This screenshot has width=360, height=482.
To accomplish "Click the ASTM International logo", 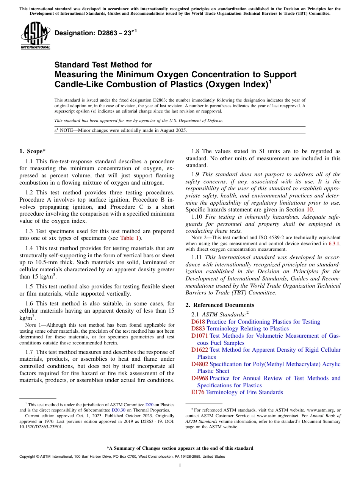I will tap(35, 36).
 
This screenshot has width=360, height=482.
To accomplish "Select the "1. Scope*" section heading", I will tap(33, 151).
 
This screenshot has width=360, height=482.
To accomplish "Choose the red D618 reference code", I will tap(198, 322).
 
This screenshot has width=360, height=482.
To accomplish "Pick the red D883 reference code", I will tap(198, 329).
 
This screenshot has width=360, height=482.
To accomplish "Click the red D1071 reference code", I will tap(200, 336).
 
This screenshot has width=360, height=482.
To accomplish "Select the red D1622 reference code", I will tap(200, 350).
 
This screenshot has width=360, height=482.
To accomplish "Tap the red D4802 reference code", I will tap(200, 364).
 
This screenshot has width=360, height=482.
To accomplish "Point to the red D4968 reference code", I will tap(200, 378).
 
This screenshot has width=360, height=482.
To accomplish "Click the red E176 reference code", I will tap(198, 392).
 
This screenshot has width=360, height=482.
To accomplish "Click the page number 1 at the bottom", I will tap(180, 466).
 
